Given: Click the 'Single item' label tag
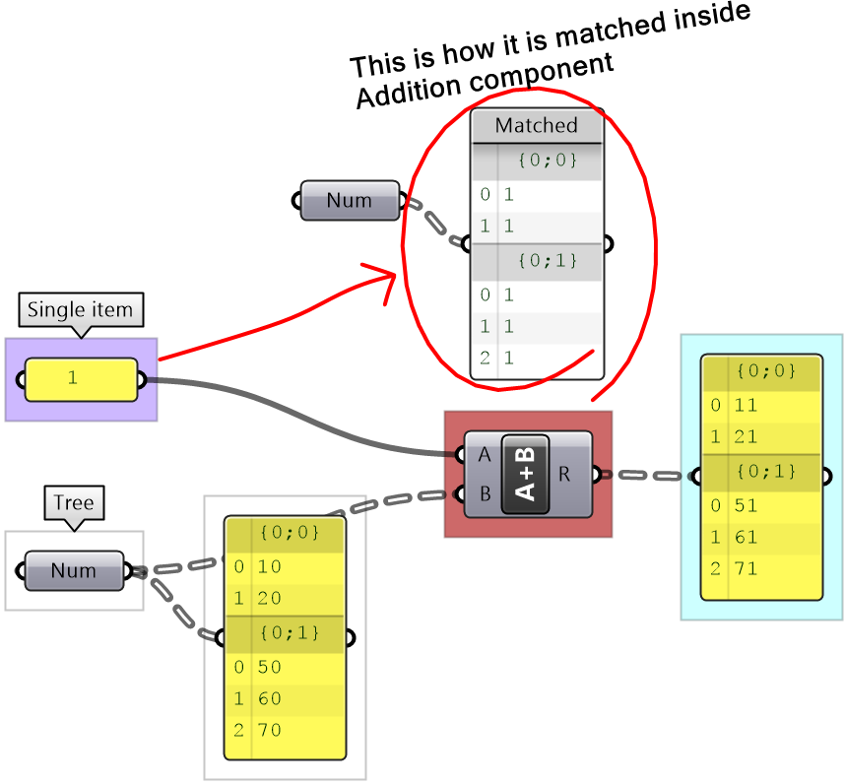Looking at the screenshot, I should coord(80,309).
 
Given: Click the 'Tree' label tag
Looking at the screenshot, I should coord(74,503).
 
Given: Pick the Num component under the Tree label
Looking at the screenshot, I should coord(74,570).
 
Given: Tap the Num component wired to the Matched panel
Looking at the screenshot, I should coord(350,200).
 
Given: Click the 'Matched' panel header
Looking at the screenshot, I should coord(536,125).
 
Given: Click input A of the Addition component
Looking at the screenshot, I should coord(483,454).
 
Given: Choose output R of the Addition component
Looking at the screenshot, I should coord(565,474).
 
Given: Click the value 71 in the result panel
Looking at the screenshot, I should coord(747,568).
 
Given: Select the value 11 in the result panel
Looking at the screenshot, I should coord(747,405).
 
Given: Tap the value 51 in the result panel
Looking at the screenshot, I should coord(747,505).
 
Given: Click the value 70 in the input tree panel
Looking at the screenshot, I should coord(270,730).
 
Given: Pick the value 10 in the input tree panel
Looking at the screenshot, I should coord(270,566).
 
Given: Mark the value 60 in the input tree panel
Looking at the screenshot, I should coord(270,698).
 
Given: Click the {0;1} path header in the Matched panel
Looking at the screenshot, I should coord(547,261).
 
